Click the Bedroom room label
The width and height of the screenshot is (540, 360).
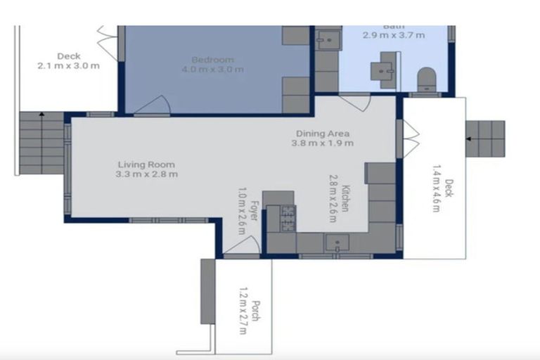[x=212, y=60]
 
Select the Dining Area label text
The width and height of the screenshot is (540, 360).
[x=323, y=134]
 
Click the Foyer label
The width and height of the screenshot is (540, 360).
[x=252, y=211]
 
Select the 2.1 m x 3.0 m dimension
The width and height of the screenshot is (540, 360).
[x=68, y=66]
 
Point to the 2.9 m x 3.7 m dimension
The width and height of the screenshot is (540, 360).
[x=394, y=34]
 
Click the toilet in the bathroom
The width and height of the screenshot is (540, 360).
[x=426, y=79]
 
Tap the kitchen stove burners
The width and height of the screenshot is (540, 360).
[x=288, y=218]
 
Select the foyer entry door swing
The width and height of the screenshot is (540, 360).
[x=243, y=245]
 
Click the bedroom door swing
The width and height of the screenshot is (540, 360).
[x=152, y=105]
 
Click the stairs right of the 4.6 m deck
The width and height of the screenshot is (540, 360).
[x=485, y=139]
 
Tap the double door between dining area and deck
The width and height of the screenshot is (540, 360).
[x=411, y=139]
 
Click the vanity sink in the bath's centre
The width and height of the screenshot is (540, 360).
[x=384, y=71]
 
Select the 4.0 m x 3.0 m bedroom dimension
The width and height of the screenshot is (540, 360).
[x=212, y=70]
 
